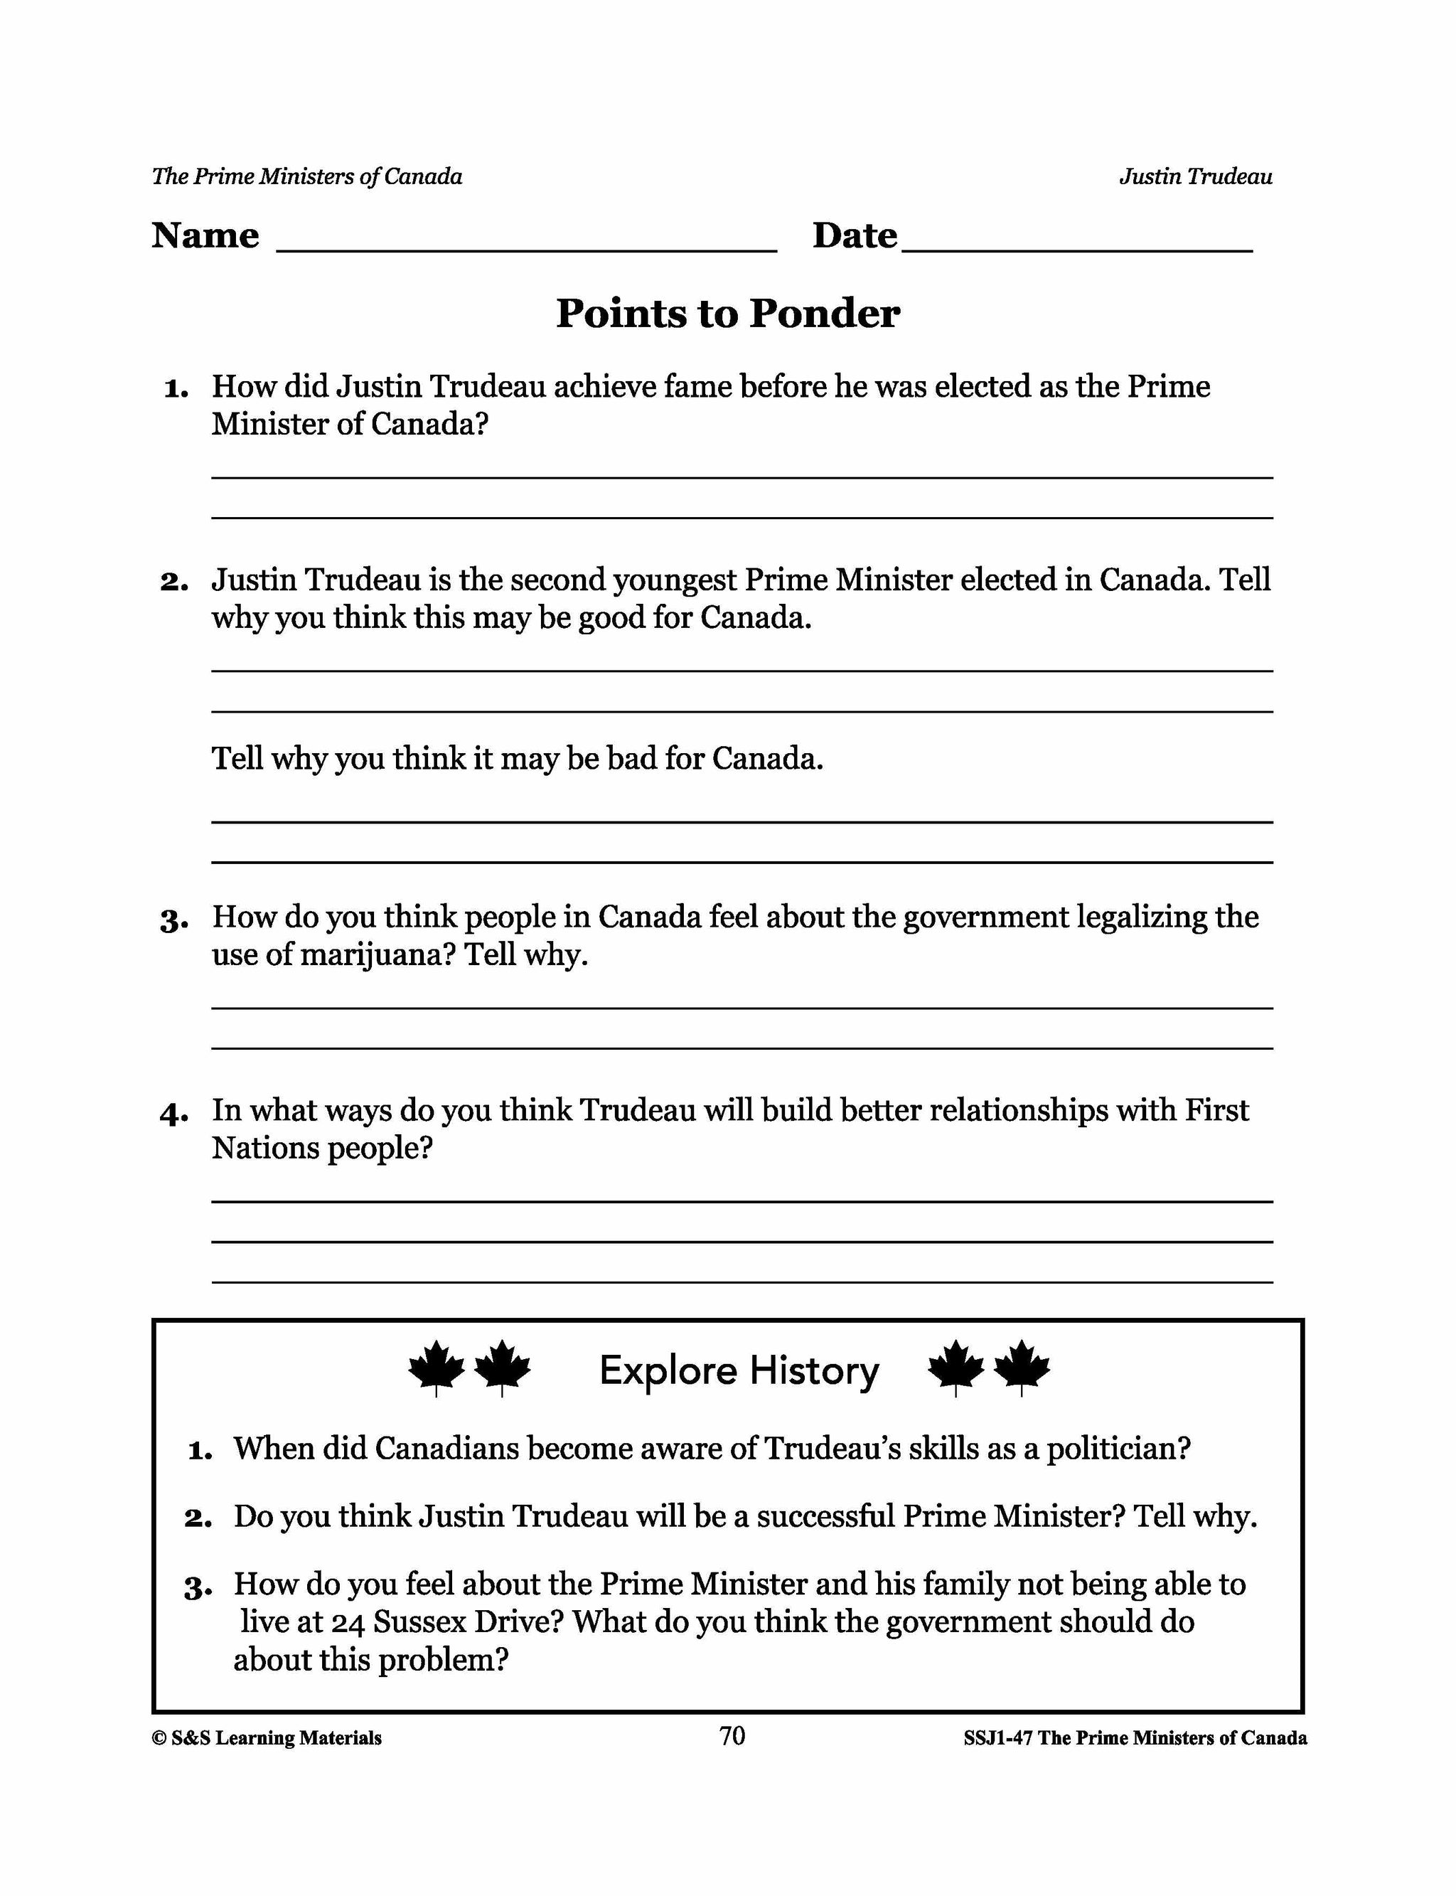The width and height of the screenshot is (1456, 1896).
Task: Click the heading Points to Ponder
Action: [x=727, y=313]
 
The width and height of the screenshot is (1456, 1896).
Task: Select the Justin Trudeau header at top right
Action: [x=1195, y=177]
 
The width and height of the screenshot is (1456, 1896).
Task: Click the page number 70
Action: [x=732, y=1735]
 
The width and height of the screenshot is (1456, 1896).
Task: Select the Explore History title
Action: [x=739, y=1370]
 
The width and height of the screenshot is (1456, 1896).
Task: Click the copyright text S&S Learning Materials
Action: [x=267, y=1737]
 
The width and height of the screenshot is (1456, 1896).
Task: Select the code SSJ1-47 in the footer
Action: [x=997, y=1737]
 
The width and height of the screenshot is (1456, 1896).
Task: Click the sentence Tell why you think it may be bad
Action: [x=518, y=760]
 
